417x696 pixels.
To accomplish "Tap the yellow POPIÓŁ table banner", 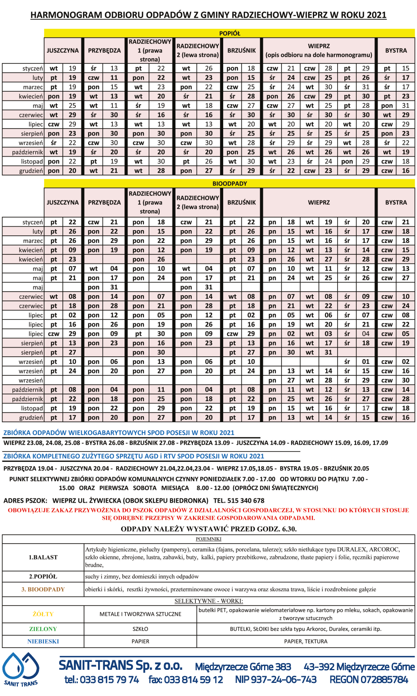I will (x=230, y=33).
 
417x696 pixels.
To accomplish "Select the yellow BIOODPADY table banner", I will (x=230, y=184).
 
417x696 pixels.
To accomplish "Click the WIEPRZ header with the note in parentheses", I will (x=319, y=50).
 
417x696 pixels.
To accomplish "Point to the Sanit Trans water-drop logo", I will (x=21, y=668).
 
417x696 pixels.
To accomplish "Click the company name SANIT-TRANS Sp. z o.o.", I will (x=121, y=665).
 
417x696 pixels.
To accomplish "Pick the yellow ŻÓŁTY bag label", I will (x=43, y=614).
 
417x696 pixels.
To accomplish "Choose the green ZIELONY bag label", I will (x=43, y=629).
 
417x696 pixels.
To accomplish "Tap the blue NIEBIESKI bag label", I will (x=43, y=641).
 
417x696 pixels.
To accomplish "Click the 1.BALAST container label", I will (x=43, y=557).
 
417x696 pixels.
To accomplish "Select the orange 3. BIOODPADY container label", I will (x=43, y=589).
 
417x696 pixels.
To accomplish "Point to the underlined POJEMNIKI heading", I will (x=208, y=539).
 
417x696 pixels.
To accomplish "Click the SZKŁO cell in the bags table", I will (x=140, y=629).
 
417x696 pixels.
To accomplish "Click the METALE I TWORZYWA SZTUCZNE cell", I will (x=140, y=614).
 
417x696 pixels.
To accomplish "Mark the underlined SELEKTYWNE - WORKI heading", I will (x=208, y=601).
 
